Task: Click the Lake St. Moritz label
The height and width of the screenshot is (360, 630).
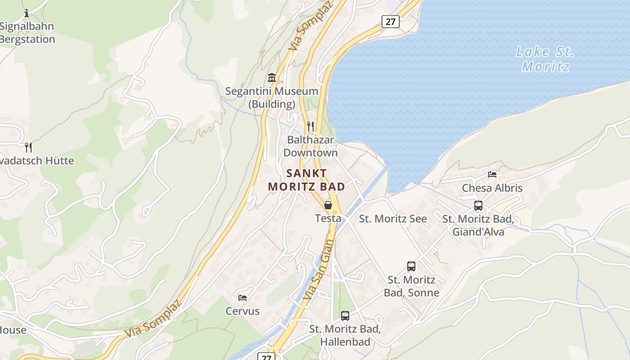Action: pyautogui.click(x=545, y=59)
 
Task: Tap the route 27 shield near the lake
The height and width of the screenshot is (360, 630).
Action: pyautogui.click(x=390, y=21)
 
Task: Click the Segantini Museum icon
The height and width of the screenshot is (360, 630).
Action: pyautogui.click(x=271, y=78)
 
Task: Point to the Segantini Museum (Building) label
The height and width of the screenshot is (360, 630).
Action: pyautogui.click(x=272, y=98)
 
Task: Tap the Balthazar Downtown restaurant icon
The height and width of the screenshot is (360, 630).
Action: pyautogui.click(x=310, y=126)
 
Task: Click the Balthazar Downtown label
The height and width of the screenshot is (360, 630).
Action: pyautogui.click(x=310, y=146)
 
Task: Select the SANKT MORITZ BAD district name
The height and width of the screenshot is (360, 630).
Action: pyautogui.click(x=306, y=180)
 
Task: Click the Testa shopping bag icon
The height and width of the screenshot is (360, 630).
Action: pyautogui.click(x=328, y=205)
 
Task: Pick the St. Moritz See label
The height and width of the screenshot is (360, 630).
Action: pyautogui.click(x=393, y=219)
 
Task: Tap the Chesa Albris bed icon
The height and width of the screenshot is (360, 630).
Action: pyautogui.click(x=492, y=174)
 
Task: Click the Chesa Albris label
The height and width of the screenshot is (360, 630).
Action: pyautogui.click(x=492, y=188)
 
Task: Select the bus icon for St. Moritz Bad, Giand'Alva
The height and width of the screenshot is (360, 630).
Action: pyautogui.click(x=478, y=206)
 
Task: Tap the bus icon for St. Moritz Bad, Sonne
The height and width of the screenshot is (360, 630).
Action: pyautogui.click(x=411, y=266)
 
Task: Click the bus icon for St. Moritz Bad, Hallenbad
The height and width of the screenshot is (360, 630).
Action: pyautogui.click(x=345, y=315)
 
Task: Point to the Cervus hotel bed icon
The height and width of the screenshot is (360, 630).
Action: pyautogui.click(x=243, y=297)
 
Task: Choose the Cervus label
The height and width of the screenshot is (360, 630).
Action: pyautogui.click(x=243, y=311)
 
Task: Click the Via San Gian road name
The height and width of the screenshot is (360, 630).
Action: pyautogui.click(x=318, y=270)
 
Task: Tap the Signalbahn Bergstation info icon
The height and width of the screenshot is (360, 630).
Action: pyautogui.click(x=27, y=13)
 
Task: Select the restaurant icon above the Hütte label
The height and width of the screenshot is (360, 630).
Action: pyautogui.click(x=28, y=147)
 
